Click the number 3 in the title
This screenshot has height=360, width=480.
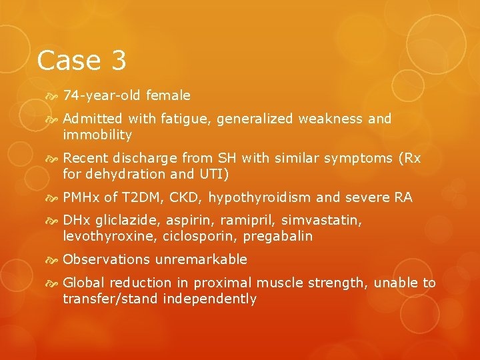(116, 61)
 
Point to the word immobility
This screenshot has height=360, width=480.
(98, 135)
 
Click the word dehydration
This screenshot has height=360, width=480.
(127, 175)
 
